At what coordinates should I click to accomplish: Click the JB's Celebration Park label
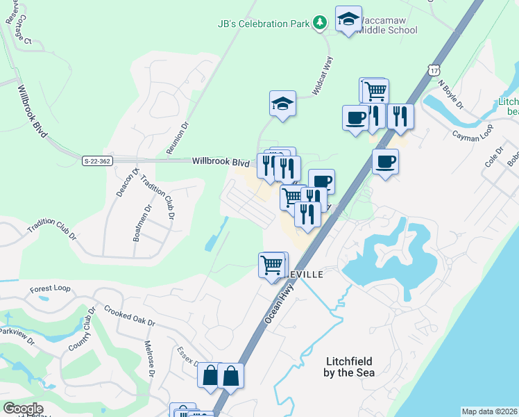[263, 24]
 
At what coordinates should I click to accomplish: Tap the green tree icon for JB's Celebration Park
[319, 24]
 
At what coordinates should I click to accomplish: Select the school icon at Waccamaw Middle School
[348, 19]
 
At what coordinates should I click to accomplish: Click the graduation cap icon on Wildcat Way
[283, 104]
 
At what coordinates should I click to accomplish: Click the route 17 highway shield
[434, 70]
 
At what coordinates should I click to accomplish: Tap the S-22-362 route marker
[97, 161]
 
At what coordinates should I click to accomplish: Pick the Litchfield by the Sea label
[350, 367]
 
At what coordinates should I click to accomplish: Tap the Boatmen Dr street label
[137, 222]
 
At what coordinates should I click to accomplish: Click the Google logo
[22, 409]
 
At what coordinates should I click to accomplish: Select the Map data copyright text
[489, 411]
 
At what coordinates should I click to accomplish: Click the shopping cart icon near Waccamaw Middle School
[375, 90]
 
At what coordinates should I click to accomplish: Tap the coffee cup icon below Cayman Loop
[385, 162]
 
